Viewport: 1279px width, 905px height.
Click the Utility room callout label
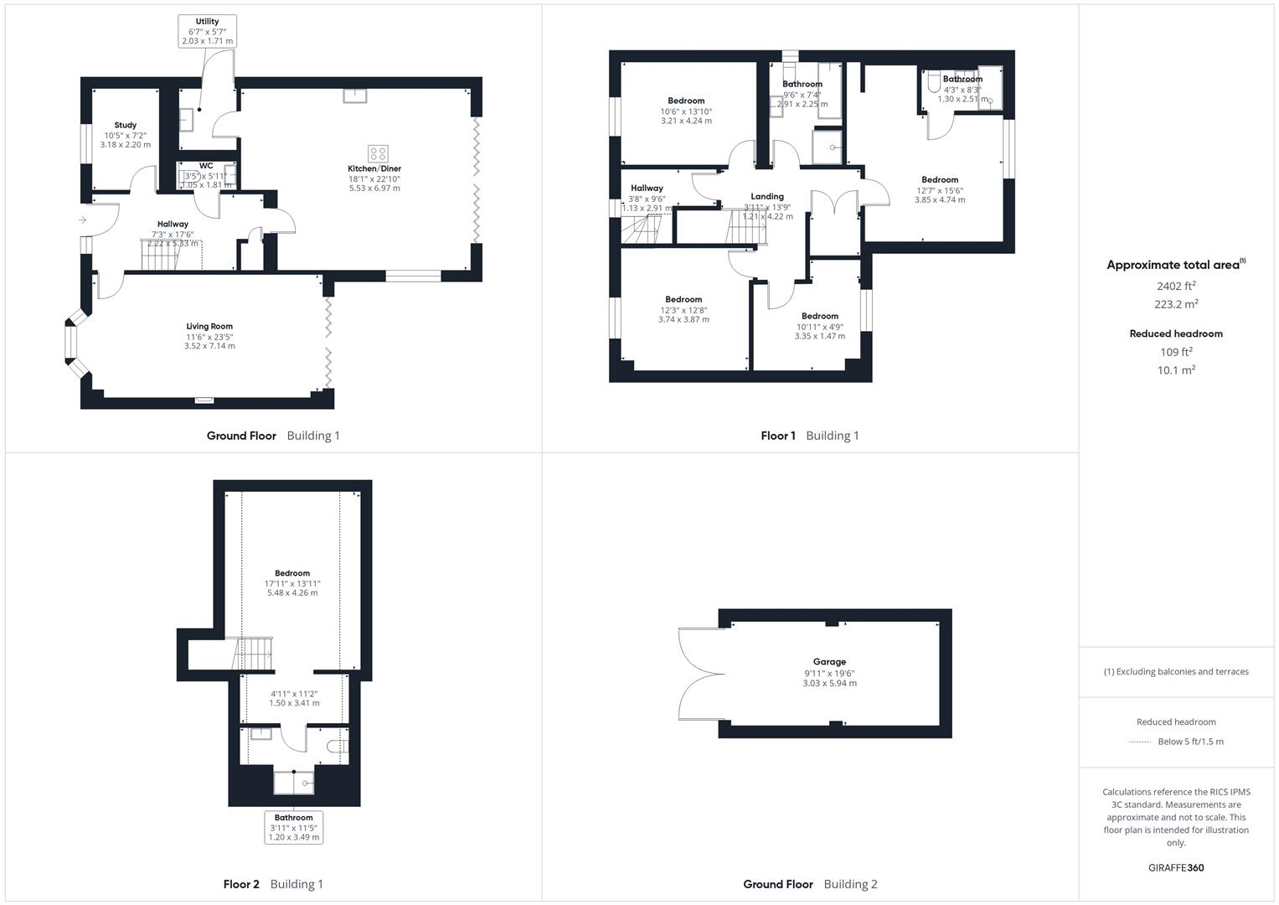pyautogui.click(x=207, y=32)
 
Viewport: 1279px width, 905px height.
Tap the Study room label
pyautogui.click(x=126, y=134)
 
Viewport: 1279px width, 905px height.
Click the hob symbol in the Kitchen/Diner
pyautogui.click(x=379, y=153)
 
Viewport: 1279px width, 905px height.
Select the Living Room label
pyautogui.click(x=209, y=335)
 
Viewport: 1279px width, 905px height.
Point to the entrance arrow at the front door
pyautogui.click(x=82, y=220)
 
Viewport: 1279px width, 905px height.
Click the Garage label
pyautogui.click(x=829, y=672)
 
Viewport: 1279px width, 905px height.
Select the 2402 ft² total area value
pyautogui.click(x=1176, y=286)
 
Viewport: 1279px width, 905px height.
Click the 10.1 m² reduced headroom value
pyautogui.click(x=1176, y=370)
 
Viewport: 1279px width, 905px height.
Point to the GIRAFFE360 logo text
pyautogui.click(x=1176, y=867)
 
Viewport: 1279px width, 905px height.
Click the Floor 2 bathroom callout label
pyautogui.click(x=293, y=827)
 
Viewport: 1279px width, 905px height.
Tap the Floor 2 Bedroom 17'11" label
pyautogui.click(x=292, y=582)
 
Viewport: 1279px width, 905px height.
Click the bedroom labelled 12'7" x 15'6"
pyautogui.click(x=940, y=189)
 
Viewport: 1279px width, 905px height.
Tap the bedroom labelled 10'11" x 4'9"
pyautogui.click(x=819, y=326)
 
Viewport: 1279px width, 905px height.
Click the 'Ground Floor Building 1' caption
pyautogui.click(x=273, y=436)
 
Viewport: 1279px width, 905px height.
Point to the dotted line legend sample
pyautogui.click(x=1140, y=742)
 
